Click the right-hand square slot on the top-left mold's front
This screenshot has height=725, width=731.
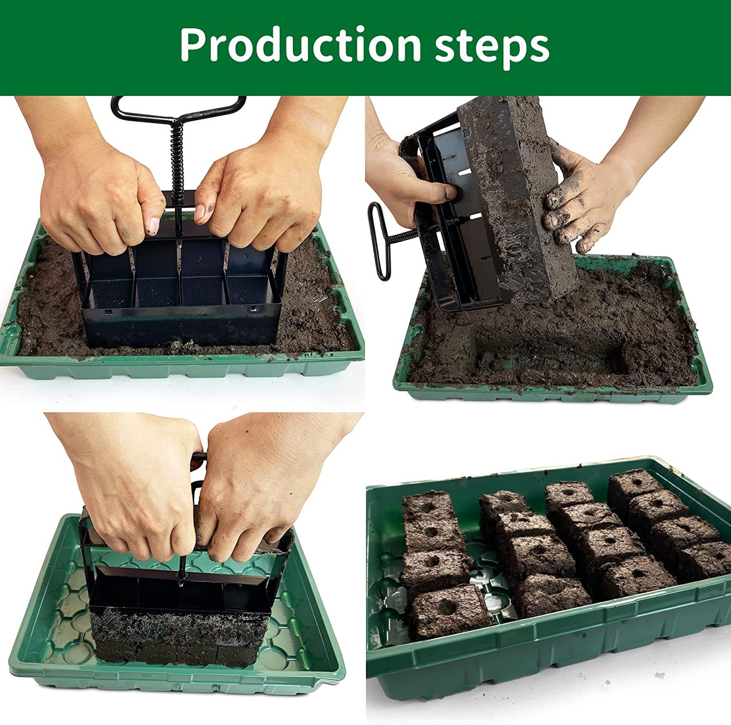(x=253, y=308)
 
